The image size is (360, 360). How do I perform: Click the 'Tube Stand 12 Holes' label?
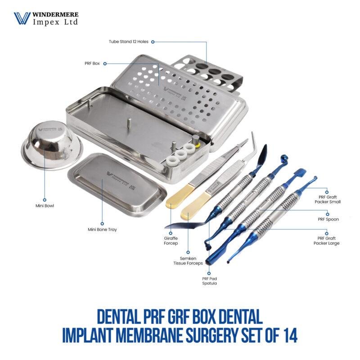128,41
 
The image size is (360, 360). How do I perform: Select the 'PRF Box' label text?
92,63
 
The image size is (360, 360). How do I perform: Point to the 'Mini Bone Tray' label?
102,229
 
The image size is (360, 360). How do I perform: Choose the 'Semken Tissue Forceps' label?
188,261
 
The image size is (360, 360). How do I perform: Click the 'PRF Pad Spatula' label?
209,281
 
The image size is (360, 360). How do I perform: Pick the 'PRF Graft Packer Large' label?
326,240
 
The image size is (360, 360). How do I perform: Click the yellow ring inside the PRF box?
197,146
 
